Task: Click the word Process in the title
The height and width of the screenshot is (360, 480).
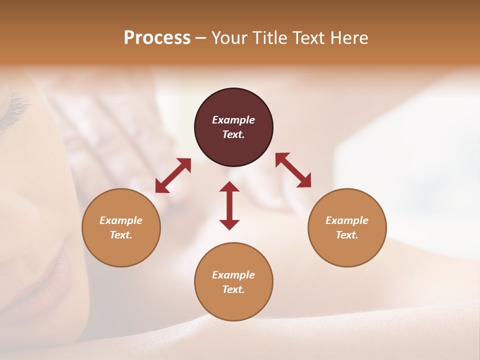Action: point(157,38)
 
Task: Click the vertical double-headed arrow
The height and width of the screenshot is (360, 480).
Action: point(229,205)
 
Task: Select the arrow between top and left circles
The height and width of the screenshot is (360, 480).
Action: point(173,175)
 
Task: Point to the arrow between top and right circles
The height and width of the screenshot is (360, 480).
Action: point(293,170)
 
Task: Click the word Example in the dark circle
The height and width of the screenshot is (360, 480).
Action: point(233,120)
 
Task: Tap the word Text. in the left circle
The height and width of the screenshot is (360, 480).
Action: point(121,235)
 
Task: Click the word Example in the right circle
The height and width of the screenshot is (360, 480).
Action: point(347,220)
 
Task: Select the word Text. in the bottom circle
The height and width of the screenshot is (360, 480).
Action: point(233,289)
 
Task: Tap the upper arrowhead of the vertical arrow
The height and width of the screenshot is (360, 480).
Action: point(229,186)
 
